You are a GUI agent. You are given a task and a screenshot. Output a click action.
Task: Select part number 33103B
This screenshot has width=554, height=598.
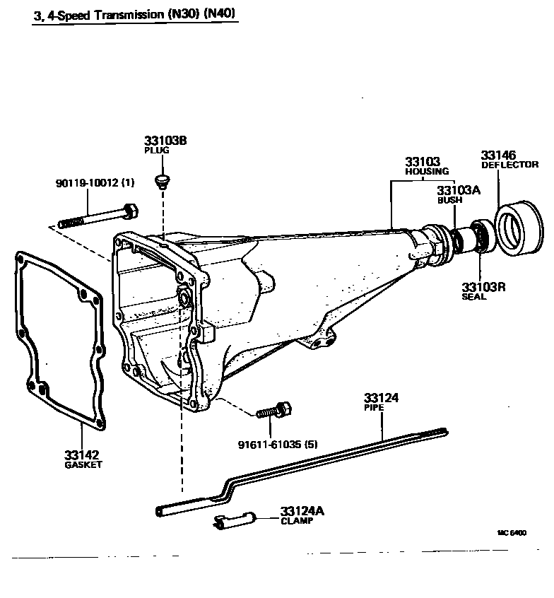[165, 141]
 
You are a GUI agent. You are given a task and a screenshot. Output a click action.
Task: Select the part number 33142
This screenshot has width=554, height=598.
[82, 455]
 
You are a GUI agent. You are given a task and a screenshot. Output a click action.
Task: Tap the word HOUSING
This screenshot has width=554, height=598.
[427, 172]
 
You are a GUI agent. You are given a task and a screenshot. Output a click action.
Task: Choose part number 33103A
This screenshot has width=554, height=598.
[459, 190]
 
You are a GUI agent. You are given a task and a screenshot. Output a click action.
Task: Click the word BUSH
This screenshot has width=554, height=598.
[449, 200]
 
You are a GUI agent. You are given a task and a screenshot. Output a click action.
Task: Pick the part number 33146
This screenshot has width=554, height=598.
[499, 155]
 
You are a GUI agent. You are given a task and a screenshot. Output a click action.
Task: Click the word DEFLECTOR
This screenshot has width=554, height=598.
[509, 165]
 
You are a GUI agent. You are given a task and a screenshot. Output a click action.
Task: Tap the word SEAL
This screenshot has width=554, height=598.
[474, 297]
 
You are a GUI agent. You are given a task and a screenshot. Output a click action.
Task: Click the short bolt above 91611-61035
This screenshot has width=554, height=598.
[273, 411]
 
